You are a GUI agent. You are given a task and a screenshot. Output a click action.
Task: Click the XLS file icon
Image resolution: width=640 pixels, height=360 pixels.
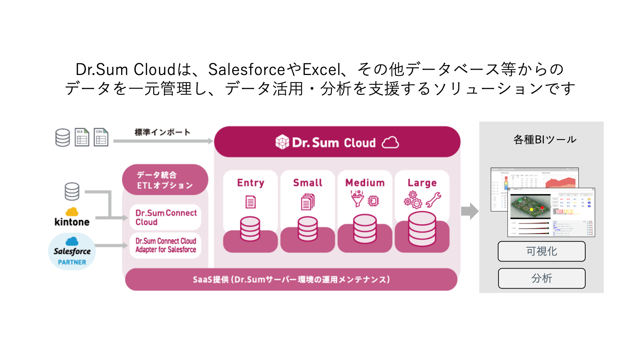[82, 138]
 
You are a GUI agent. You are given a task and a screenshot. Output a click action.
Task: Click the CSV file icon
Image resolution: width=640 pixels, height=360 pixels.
[101, 138]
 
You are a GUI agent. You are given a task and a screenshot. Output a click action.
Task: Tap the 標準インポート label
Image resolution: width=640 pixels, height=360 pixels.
[162, 132]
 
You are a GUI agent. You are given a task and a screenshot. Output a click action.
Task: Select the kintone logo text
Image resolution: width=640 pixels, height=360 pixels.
[72, 222]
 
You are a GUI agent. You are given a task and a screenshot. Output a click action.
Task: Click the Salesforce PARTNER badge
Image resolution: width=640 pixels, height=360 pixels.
[72, 252]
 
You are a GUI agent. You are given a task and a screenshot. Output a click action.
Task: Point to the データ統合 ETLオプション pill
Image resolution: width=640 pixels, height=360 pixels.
[165, 180]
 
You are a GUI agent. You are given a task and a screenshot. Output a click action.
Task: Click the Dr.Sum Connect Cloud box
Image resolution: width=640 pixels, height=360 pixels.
[165, 217]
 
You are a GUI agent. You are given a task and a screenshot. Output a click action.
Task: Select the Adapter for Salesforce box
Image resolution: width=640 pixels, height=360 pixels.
[165, 245]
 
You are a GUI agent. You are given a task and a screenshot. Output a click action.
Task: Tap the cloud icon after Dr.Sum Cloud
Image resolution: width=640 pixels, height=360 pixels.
[390, 143]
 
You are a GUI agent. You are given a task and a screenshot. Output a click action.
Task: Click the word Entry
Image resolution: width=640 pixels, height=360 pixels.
[251, 183]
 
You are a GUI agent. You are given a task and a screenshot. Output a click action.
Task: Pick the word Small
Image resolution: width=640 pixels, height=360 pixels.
[308, 183]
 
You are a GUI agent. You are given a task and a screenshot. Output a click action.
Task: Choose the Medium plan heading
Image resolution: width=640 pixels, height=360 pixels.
[365, 183]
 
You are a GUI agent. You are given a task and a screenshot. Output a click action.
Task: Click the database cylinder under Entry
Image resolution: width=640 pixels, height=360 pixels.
[250, 229]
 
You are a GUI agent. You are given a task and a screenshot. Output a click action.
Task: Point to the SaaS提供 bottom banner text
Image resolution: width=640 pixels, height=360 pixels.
[291, 279]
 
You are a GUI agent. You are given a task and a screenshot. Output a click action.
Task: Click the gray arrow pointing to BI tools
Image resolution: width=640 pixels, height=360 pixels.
[470, 211]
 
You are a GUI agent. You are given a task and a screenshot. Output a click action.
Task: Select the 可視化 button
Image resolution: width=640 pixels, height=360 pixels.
[542, 251]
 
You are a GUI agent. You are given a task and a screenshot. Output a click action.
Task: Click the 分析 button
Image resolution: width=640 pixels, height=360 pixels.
[542, 278]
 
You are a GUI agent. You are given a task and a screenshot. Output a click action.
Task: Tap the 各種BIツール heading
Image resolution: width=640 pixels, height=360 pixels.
[545, 140]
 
